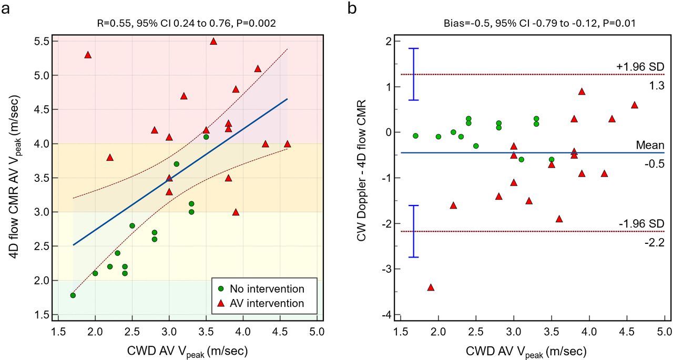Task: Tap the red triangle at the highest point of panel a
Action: pyautogui.click(x=213, y=41)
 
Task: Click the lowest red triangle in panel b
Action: pyautogui.click(x=431, y=287)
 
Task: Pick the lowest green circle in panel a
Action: pyautogui.click(x=73, y=295)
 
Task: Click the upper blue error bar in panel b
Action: pyautogui.click(x=414, y=74)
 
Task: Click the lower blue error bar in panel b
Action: pyautogui.click(x=414, y=231)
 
